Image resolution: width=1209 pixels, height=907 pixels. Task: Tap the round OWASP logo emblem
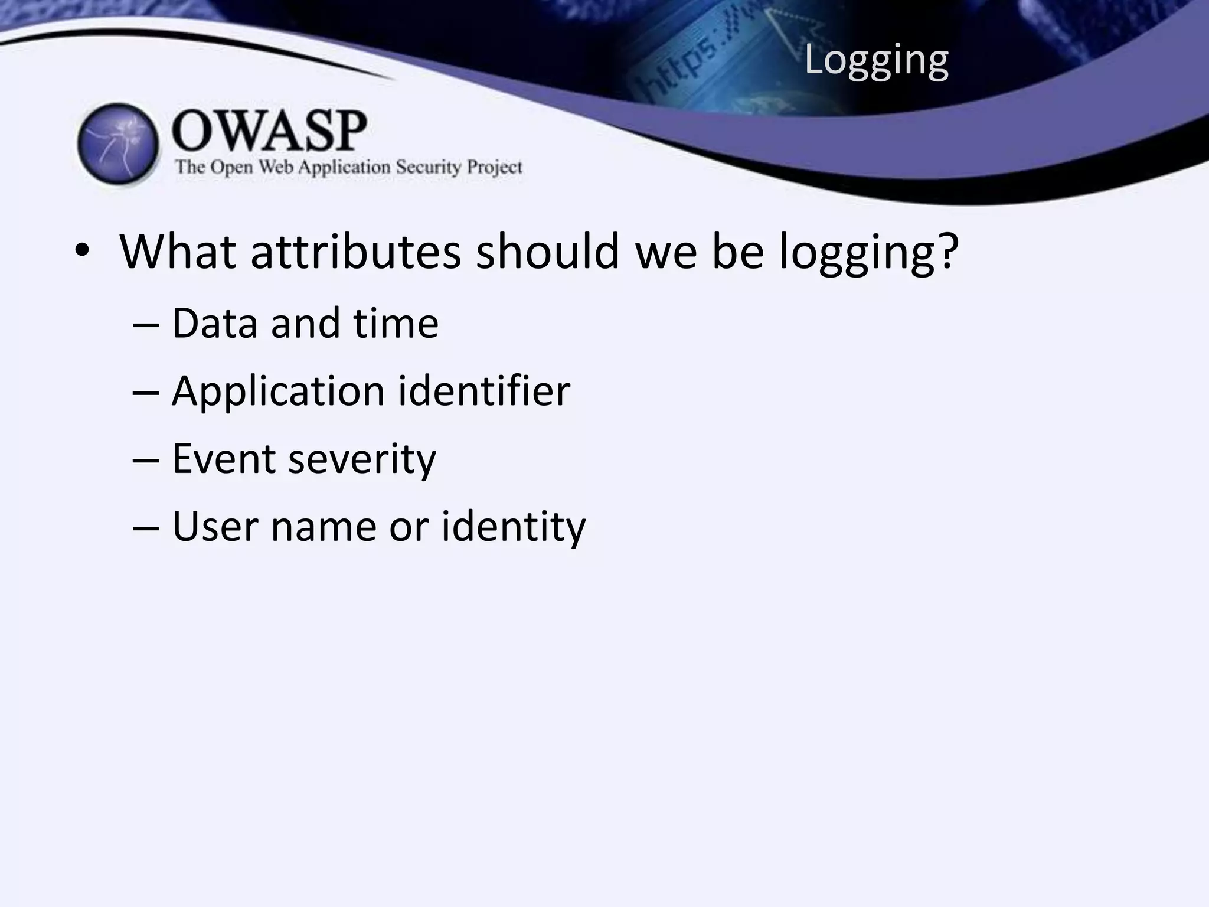pyautogui.click(x=118, y=144)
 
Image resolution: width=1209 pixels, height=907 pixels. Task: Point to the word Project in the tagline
pyautogui.click(x=495, y=168)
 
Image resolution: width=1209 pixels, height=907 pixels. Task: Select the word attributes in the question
pyautogui.click(x=355, y=252)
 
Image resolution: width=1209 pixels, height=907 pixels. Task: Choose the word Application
pyautogui.click(x=278, y=392)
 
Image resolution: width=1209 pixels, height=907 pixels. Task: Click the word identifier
pyautogui.click(x=484, y=391)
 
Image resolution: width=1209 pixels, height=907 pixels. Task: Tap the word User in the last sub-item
pyautogui.click(x=214, y=526)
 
